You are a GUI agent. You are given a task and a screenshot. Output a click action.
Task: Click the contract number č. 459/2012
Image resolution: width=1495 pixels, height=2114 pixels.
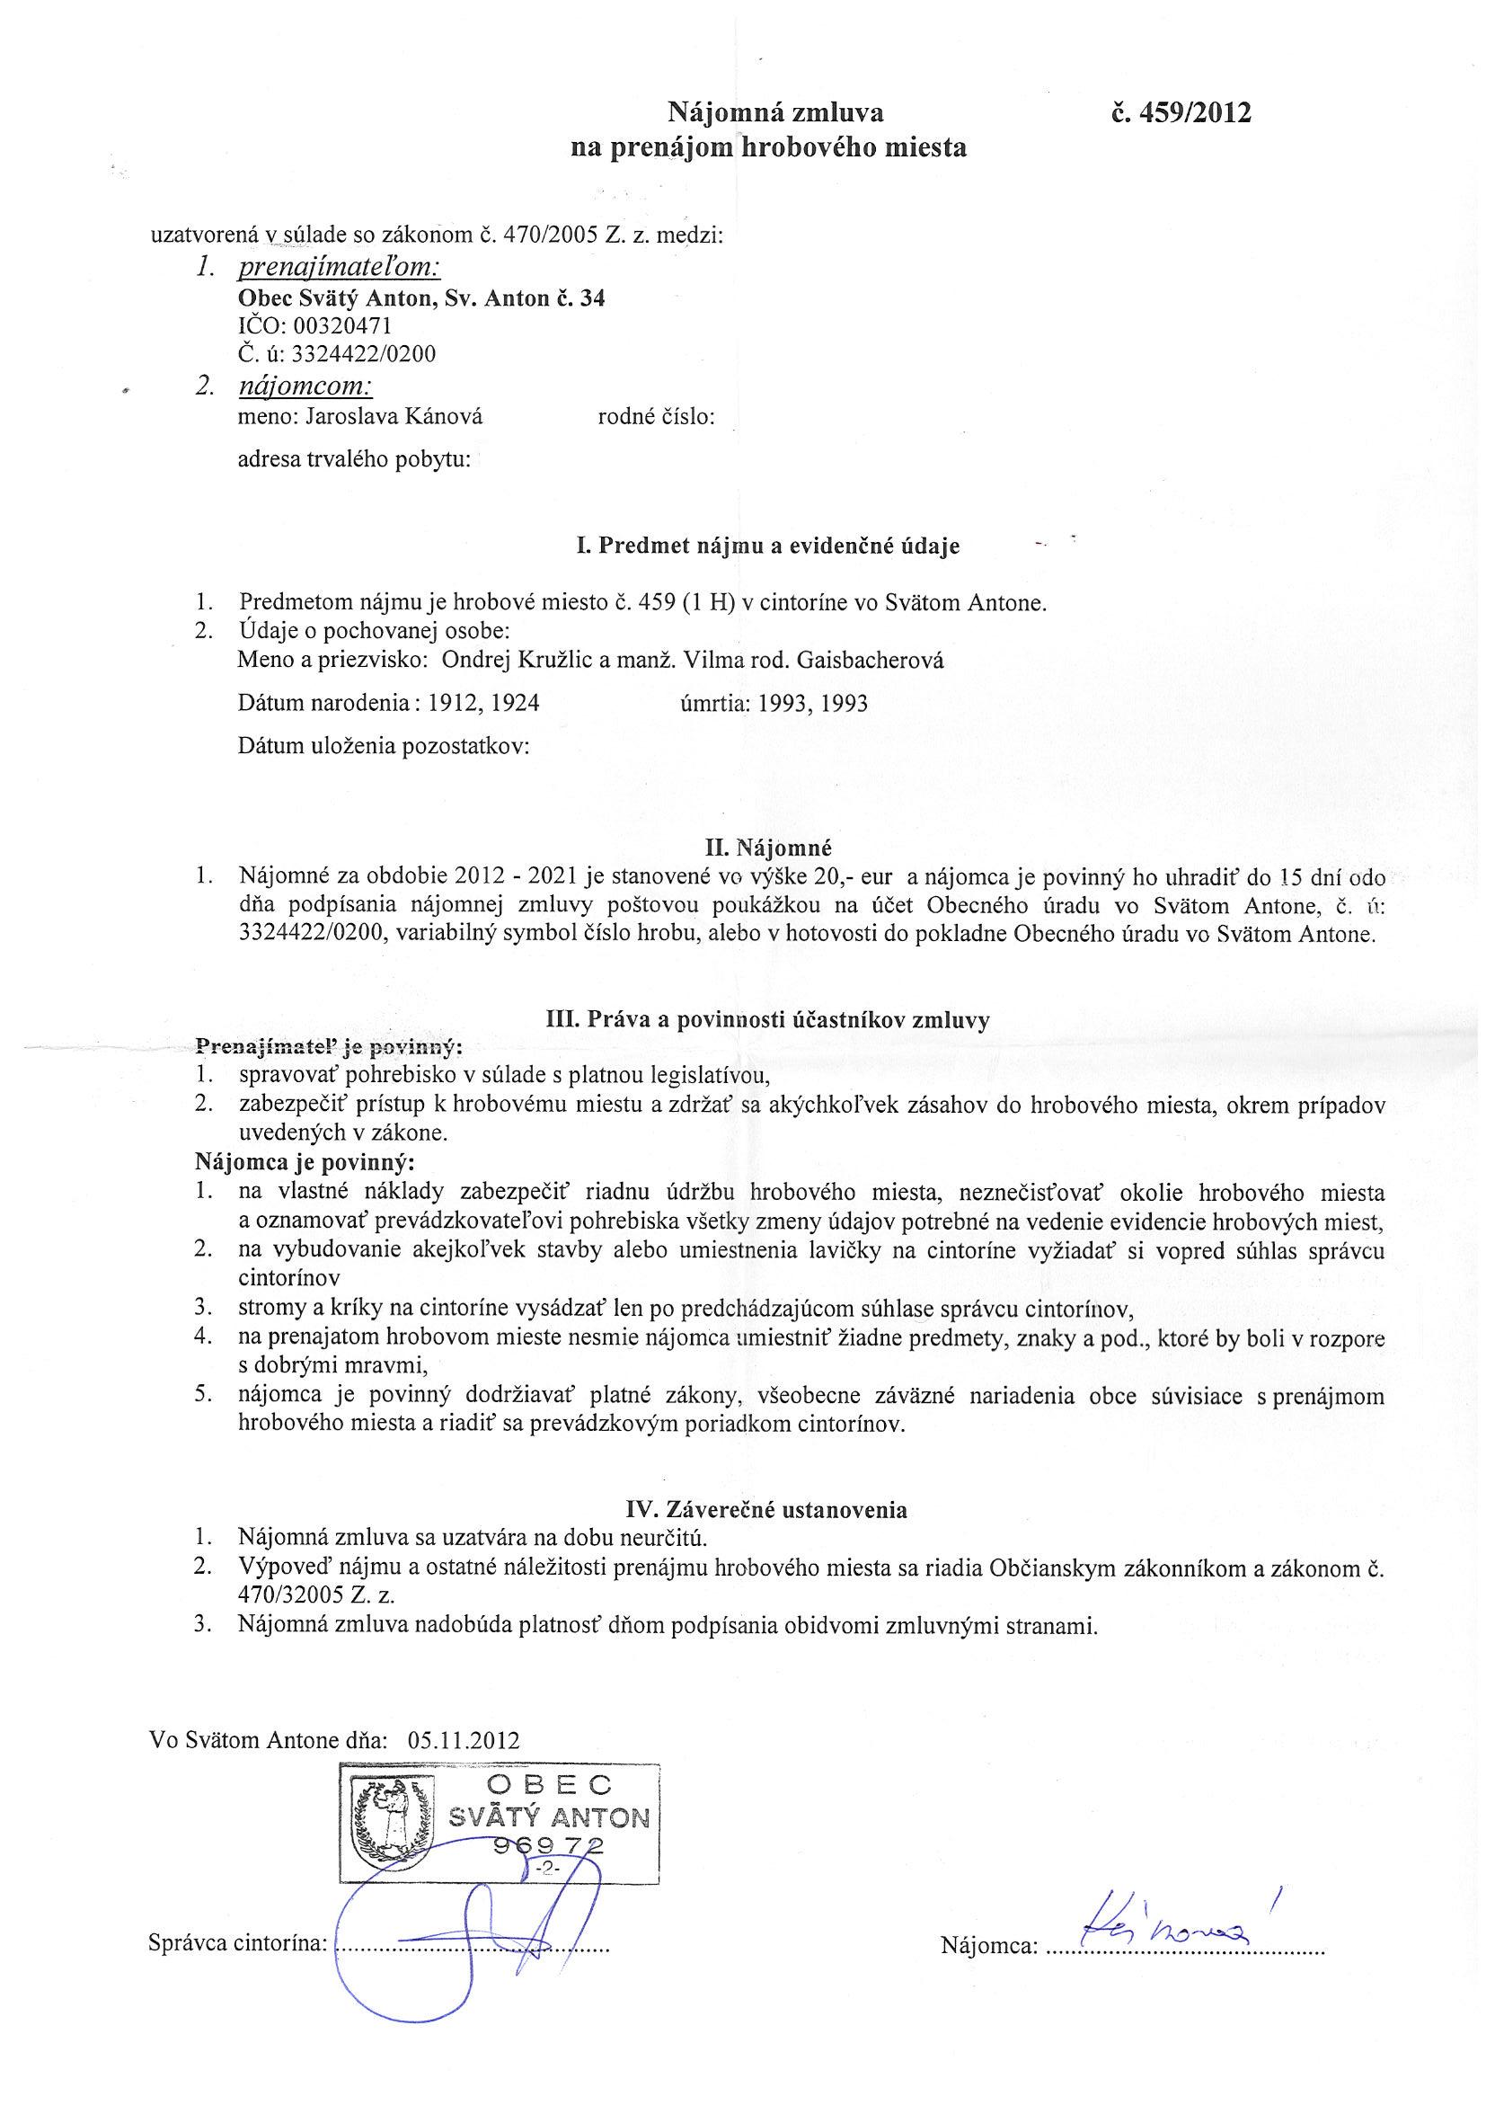click(1181, 113)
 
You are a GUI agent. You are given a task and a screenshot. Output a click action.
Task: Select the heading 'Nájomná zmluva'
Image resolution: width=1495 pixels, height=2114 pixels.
click(775, 113)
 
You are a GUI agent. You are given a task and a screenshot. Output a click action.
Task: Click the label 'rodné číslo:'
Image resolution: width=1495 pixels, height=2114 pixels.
click(657, 416)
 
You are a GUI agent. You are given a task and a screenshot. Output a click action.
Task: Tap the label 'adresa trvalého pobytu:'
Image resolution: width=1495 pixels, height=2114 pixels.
click(354, 458)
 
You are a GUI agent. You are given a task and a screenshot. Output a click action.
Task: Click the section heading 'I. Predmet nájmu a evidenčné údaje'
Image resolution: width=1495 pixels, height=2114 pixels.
click(768, 546)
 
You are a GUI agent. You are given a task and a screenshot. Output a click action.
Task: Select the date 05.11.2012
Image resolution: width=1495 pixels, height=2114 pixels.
click(462, 1741)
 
